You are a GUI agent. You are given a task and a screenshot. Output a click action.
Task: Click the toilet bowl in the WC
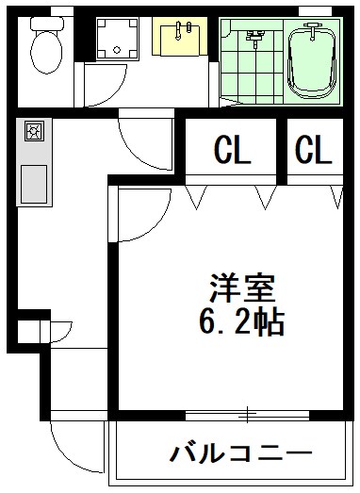[46, 53]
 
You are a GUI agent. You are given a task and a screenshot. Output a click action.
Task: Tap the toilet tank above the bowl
[47, 24]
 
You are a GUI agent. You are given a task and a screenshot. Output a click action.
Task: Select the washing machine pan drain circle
[117, 50]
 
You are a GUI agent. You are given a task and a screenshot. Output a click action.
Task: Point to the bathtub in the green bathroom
[312, 59]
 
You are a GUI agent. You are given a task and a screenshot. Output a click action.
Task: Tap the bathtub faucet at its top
[312, 31]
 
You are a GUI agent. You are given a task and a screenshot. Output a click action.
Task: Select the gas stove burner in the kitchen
[34, 131]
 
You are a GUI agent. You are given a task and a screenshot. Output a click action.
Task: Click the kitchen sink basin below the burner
[34, 184]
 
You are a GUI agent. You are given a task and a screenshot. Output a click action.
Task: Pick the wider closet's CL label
[233, 149]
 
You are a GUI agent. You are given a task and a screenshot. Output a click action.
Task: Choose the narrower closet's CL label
[314, 149]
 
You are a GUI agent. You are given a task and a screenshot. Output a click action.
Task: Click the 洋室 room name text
[242, 288]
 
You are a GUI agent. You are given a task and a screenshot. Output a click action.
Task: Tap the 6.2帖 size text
[242, 321]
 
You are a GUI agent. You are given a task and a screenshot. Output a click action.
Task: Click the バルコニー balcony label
[241, 453]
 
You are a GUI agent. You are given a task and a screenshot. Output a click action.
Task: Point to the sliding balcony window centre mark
[248, 415]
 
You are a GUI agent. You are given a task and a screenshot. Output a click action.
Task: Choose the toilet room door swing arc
[114, 92]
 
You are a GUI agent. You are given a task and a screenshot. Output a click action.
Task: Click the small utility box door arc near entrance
[67, 335]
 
